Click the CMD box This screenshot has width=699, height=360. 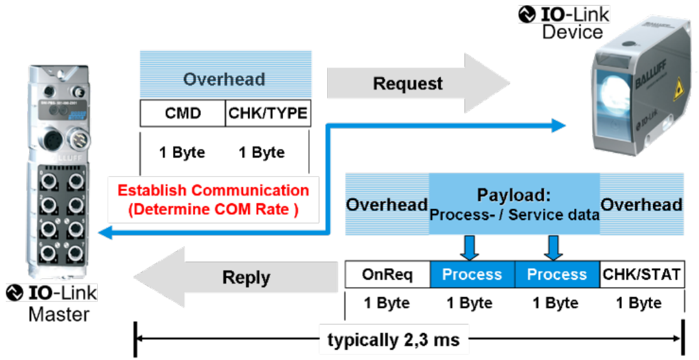click(182, 114)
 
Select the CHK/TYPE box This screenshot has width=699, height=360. click(268, 114)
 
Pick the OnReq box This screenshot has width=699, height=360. click(387, 275)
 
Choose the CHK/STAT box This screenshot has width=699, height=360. click(641, 275)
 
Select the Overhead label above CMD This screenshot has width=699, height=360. click(224, 79)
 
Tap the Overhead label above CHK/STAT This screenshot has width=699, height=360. click(641, 205)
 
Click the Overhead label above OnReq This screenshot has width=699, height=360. click(387, 205)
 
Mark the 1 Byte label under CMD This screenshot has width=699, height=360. click(182, 153)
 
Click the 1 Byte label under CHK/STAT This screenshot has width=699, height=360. click(639, 303)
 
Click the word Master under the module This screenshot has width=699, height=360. click(59, 315)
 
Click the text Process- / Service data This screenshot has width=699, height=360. click(514, 214)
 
